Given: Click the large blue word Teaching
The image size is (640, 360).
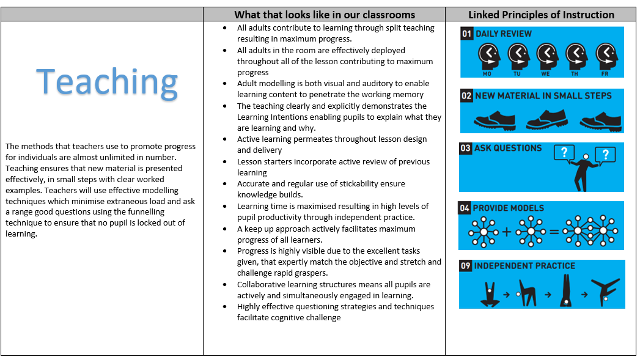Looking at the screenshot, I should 107,82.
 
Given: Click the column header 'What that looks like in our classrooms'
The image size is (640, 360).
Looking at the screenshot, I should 325,15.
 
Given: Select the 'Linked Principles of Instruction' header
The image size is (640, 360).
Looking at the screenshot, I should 541,15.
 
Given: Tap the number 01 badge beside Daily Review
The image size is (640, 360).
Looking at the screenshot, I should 467,34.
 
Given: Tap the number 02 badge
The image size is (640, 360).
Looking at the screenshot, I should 467,95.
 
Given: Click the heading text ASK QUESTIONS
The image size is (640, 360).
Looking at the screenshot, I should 507,149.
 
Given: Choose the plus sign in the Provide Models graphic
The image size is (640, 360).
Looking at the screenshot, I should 507,232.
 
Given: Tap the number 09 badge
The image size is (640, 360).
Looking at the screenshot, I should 466,266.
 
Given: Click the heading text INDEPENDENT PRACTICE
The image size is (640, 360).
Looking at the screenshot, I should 524,266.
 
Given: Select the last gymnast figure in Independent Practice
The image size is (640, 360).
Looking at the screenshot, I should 605,292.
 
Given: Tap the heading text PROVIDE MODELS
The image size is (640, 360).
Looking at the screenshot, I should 509,208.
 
